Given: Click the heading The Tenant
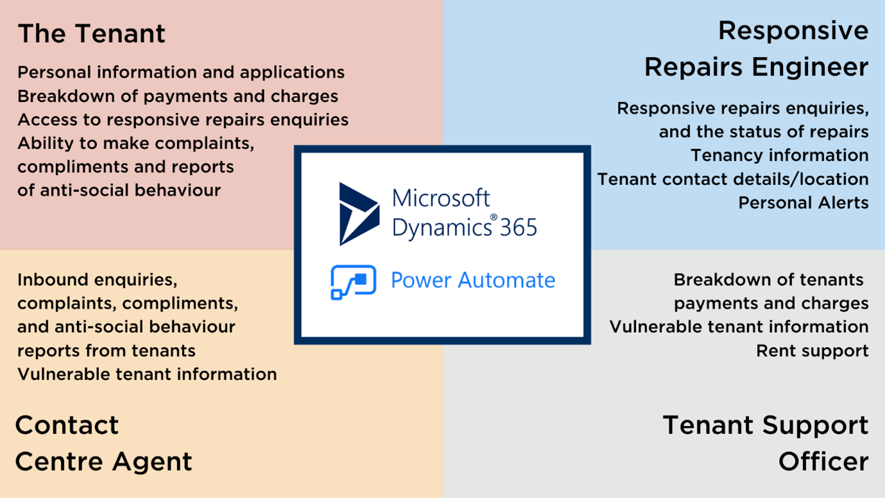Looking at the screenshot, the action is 92,33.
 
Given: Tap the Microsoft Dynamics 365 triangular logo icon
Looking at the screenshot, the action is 359,214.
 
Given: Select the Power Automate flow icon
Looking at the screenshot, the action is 353,282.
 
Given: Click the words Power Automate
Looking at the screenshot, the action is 473,280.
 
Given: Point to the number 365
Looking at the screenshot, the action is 519,227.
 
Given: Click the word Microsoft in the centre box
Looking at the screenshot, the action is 440,198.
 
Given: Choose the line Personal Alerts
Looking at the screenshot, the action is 803,203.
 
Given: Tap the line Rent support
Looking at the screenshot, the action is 812,350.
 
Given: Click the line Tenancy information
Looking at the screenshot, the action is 780,155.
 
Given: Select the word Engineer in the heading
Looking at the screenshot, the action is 810,67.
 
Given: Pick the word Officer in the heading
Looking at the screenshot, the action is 823,461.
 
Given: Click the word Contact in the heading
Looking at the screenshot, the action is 67,425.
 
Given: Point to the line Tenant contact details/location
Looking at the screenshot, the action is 733,179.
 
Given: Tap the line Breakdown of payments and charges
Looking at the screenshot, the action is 178,96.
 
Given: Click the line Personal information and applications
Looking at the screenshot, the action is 181,73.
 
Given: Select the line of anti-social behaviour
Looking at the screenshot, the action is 119,190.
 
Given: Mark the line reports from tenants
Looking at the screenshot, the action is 107,350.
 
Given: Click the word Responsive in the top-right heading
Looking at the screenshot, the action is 793,31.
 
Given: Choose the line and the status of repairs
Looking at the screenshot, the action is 764,132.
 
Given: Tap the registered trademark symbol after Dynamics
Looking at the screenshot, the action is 494,217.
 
